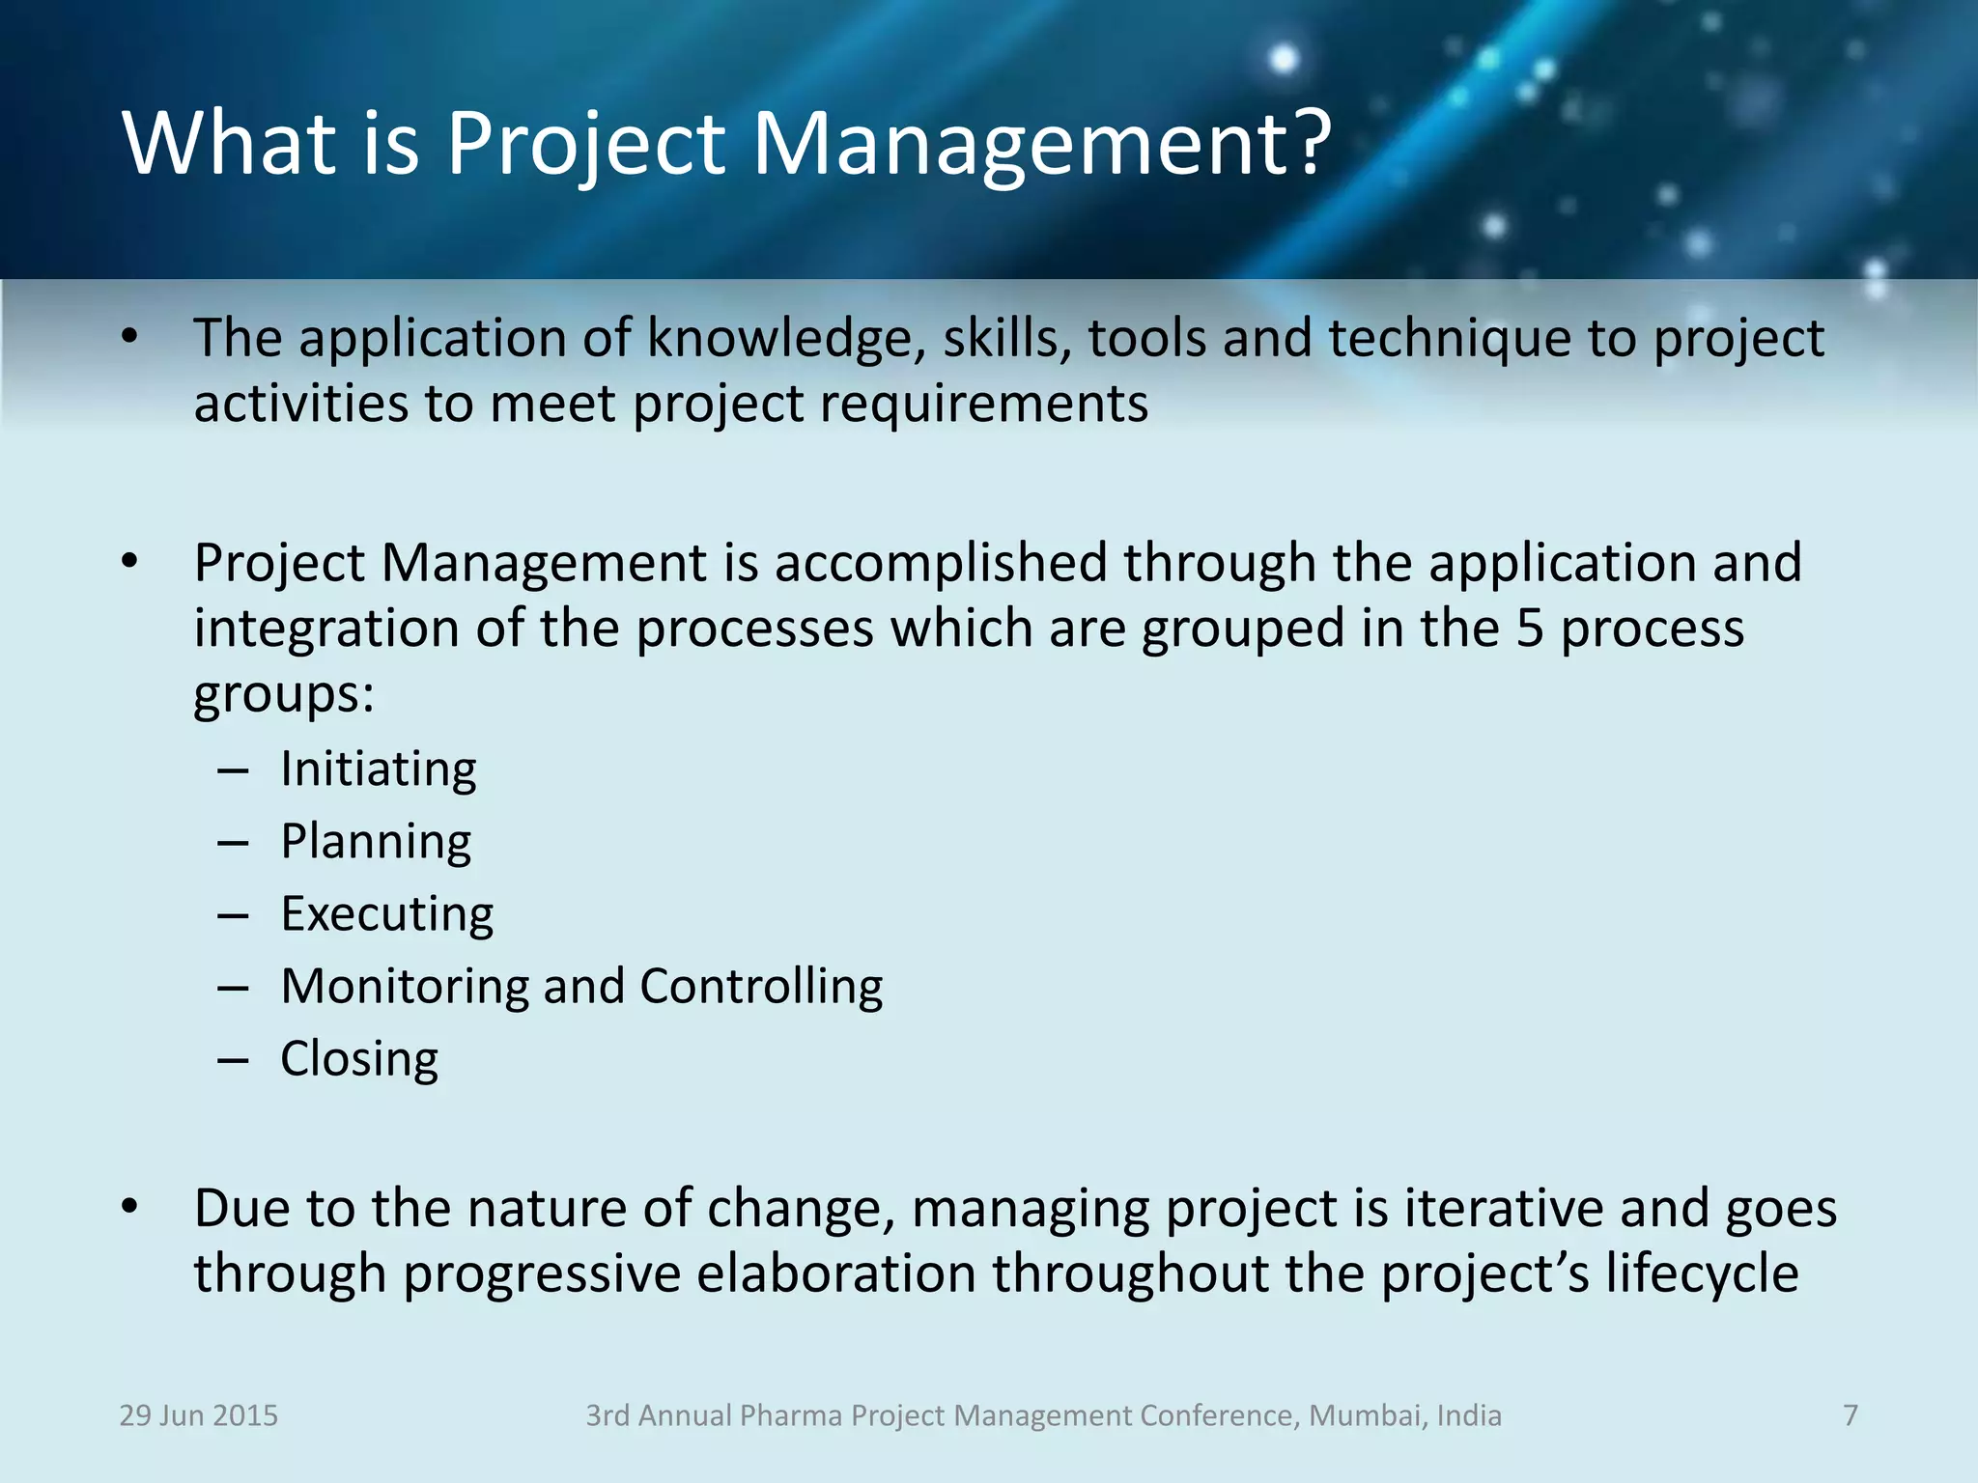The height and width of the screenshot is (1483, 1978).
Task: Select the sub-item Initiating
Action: pos(378,769)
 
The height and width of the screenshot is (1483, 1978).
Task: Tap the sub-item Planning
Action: pos(376,842)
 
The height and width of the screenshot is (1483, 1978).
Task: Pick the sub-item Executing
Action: pos(386,914)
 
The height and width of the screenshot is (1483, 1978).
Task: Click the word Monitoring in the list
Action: pos(404,987)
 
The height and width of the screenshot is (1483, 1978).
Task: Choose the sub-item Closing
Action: pos(359,1059)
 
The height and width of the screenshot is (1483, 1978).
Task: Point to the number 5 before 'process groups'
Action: pos(1529,629)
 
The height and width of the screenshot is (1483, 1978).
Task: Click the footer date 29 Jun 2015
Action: pos(198,1415)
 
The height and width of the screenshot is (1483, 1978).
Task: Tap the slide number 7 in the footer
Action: pos(1850,1415)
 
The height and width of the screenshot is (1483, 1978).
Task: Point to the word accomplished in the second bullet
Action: pos(940,563)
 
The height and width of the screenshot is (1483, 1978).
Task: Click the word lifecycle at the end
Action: pos(1702,1273)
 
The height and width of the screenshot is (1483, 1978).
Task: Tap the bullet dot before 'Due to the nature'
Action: pos(130,1207)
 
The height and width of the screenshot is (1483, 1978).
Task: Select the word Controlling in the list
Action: pos(761,987)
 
